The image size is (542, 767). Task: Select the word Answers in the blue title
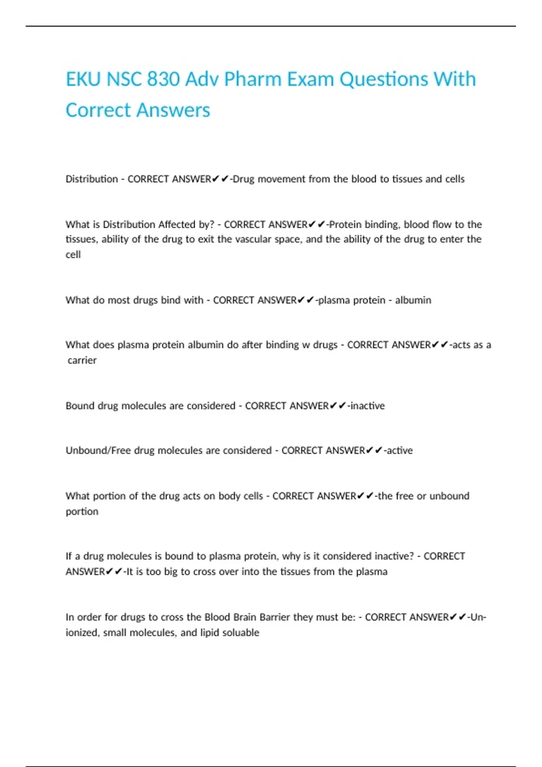[173, 111]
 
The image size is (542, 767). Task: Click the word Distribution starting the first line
[92, 179]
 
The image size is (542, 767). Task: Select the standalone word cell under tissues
[73, 254]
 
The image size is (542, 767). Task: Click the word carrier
[82, 360]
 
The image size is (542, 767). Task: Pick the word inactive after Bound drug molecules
[368, 406]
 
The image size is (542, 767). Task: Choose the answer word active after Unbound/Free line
[399, 451]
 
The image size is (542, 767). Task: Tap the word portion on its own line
[82, 512]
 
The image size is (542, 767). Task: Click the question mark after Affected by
[212, 225]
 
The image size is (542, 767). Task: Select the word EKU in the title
[83, 79]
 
